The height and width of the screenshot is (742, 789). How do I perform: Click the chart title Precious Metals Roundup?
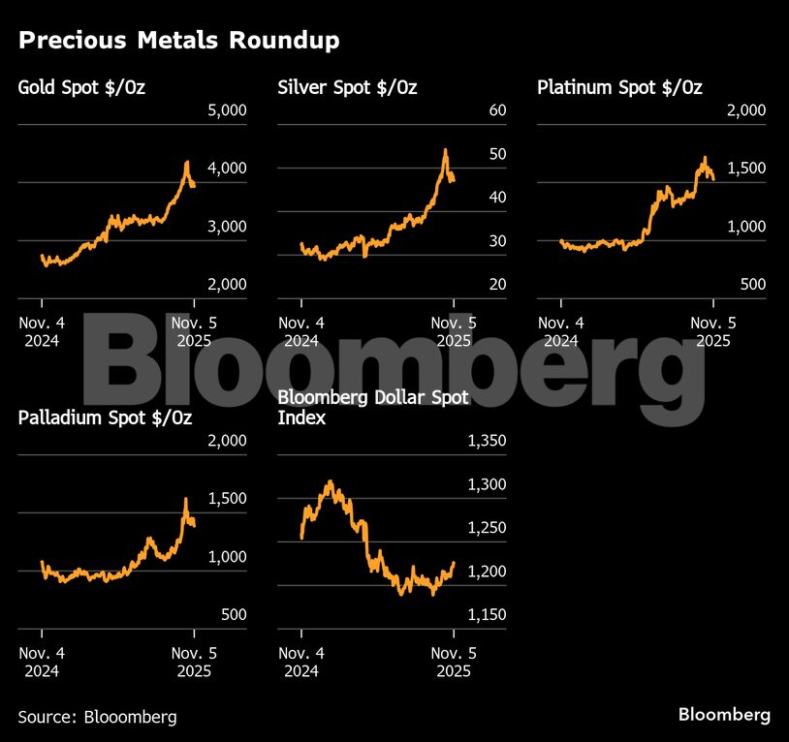[x=178, y=41]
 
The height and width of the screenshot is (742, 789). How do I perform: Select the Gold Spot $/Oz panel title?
[x=88, y=88]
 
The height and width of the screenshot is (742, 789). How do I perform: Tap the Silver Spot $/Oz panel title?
[x=347, y=88]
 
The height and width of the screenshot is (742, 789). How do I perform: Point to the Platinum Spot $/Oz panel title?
[x=619, y=88]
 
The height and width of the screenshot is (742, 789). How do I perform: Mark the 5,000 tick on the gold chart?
[x=228, y=110]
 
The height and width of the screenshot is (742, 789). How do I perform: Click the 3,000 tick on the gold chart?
[x=228, y=227]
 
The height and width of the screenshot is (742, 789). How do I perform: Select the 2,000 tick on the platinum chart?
[x=746, y=110]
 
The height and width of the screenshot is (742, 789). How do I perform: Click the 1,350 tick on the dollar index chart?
[x=487, y=442]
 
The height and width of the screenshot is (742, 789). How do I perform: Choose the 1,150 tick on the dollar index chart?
[x=487, y=615]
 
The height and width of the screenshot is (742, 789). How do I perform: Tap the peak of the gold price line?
[x=187, y=163]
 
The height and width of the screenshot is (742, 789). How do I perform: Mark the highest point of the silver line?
[x=445, y=150]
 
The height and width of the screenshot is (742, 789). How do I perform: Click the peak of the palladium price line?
[x=186, y=499]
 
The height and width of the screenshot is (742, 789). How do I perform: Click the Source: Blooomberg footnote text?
[x=97, y=717]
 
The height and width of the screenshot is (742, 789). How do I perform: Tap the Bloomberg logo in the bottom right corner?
[x=724, y=715]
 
